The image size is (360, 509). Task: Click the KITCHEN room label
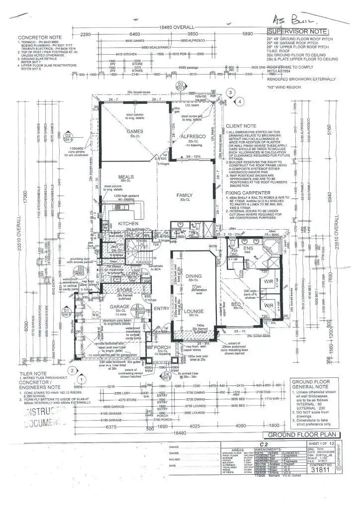pyautogui.click(x=128, y=224)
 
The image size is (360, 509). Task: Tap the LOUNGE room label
pyautogui.click(x=193, y=312)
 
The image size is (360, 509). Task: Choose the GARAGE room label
pyautogui.click(x=120, y=307)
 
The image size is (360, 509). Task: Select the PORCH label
pyautogui.click(x=161, y=347)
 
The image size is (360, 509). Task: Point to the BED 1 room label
pyautogui.click(x=237, y=304)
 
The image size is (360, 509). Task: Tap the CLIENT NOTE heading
pyautogui.click(x=241, y=126)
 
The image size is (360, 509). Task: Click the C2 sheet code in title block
pyautogui.click(x=264, y=444)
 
